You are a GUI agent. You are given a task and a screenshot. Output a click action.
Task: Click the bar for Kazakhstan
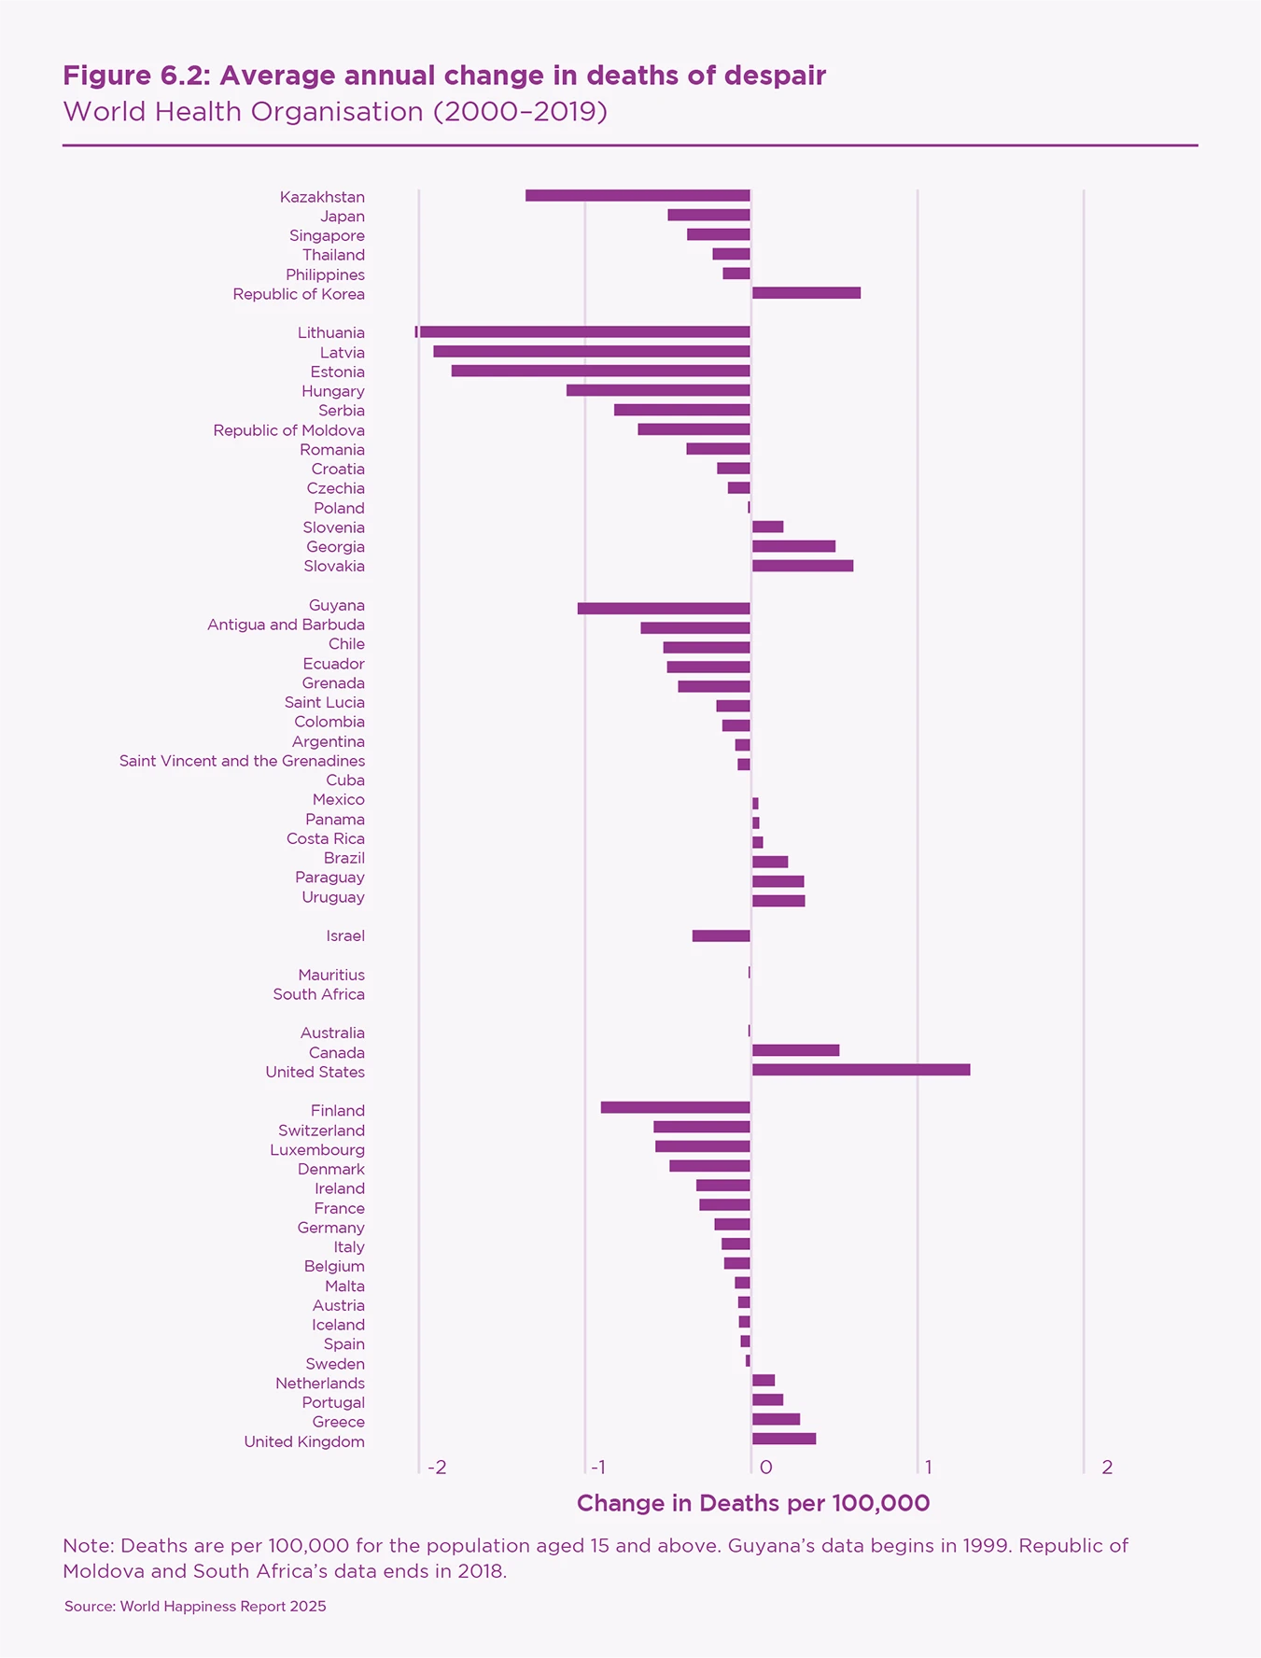tap(638, 196)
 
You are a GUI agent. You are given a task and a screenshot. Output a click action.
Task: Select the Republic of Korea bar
tap(806, 293)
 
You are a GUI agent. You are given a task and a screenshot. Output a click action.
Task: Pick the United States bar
tap(861, 1070)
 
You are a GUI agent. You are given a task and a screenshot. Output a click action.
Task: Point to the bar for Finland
tap(676, 1108)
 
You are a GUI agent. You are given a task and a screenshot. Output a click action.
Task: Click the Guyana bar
tap(664, 609)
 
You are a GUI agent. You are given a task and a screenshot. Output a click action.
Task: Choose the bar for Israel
tap(722, 936)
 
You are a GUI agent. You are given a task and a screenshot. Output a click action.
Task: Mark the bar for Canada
tap(795, 1050)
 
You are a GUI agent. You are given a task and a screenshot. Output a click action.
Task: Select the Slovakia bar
tap(803, 566)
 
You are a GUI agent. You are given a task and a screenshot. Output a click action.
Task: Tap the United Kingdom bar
tap(784, 1439)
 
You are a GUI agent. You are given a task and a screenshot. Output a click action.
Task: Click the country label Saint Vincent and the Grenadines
tap(242, 761)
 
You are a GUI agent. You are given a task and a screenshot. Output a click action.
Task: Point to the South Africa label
tap(318, 994)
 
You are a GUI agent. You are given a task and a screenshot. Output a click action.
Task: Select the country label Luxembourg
tap(317, 1150)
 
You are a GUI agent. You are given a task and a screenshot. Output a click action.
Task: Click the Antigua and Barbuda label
tap(286, 625)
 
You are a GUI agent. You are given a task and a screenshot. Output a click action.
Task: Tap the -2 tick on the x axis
tap(436, 1468)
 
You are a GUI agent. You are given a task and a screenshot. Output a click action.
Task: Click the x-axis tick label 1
tap(927, 1468)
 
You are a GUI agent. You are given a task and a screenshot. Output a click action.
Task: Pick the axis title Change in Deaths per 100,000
tap(753, 1503)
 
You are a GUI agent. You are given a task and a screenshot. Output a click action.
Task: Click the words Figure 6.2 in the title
tap(134, 76)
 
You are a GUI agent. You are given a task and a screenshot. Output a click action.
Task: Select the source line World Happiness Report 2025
tap(195, 1607)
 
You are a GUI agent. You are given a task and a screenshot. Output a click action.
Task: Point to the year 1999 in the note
tap(984, 1546)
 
